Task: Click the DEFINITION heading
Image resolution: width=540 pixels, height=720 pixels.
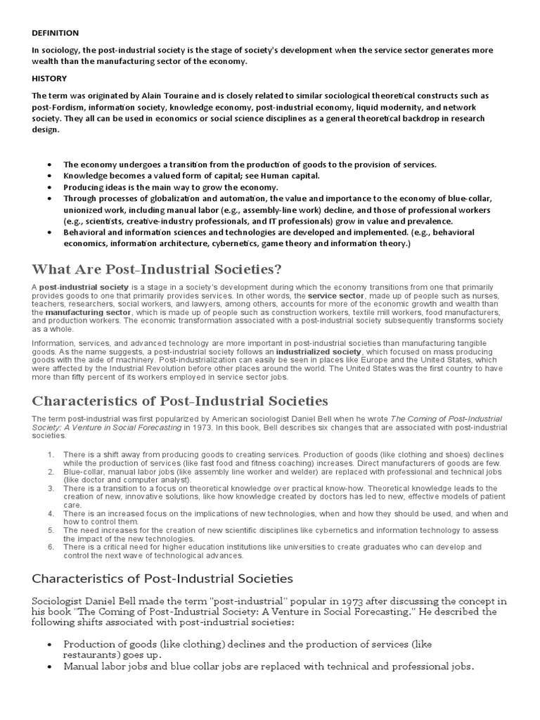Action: pos(55,33)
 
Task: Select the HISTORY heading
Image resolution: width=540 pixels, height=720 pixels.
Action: pos(49,78)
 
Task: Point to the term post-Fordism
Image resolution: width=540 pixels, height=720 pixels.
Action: pos(56,107)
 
